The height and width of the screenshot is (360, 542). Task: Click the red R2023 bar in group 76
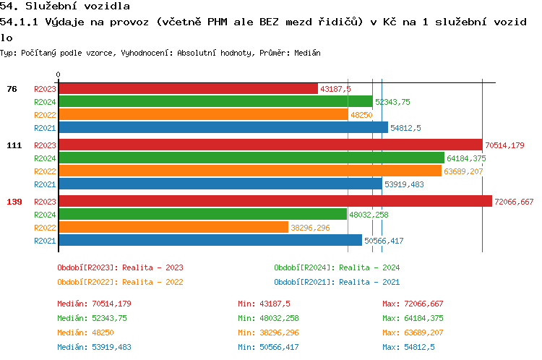(187, 88)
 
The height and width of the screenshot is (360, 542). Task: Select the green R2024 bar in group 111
(251, 158)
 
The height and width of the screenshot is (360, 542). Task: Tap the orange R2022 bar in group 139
(173, 227)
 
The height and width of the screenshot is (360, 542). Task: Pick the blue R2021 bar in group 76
(223, 127)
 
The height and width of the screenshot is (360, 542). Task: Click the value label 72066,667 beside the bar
(514, 202)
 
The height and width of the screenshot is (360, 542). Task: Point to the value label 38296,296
(310, 228)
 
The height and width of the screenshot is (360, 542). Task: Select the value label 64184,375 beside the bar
(466, 158)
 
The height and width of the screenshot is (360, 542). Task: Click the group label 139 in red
(14, 202)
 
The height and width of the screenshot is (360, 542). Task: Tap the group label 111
(14, 145)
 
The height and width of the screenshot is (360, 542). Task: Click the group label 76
(12, 89)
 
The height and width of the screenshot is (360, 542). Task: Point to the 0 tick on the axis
(58, 74)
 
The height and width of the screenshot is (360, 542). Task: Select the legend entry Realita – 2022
(120, 282)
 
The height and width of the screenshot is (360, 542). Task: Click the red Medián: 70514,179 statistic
(94, 304)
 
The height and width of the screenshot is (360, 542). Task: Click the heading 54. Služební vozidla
(65, 7)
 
